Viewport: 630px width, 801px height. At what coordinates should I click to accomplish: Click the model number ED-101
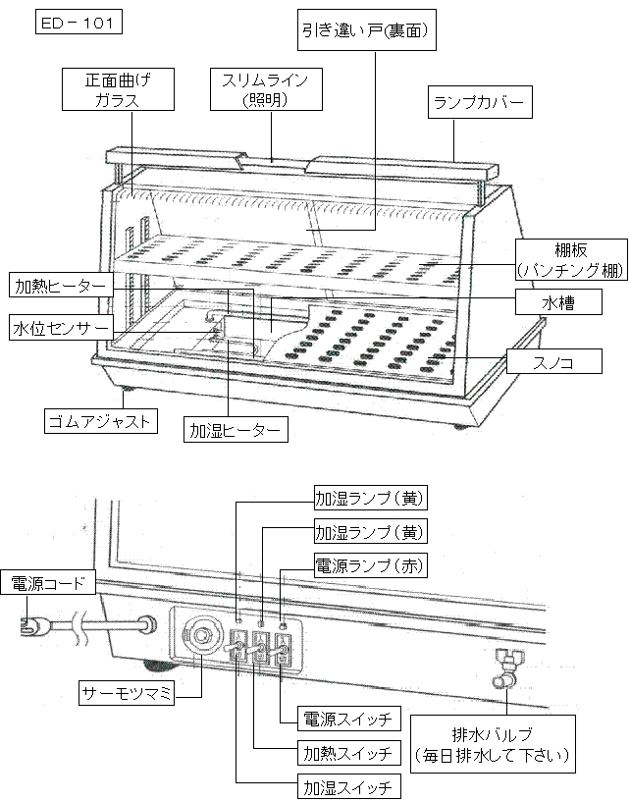click(79, 24)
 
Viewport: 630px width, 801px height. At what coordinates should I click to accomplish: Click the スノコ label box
click(554, 362)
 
